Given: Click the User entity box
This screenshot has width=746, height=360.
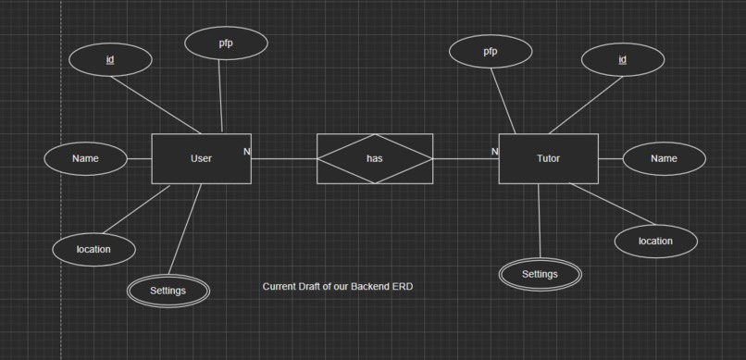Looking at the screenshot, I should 201,158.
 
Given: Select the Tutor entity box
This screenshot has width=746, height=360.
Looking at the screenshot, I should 548,158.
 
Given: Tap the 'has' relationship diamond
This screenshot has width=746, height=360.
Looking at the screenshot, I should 374,158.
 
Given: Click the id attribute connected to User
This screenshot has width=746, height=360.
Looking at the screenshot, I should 110,60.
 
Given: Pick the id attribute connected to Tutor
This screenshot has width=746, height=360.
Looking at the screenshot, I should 622,60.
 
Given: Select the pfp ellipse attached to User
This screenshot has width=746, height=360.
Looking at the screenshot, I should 226,43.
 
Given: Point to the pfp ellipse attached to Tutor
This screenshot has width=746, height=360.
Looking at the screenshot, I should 490,52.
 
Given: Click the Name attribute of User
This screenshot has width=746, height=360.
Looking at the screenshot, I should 85,158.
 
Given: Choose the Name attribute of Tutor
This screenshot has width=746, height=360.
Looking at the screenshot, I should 664,158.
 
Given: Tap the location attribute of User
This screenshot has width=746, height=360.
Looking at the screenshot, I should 93,249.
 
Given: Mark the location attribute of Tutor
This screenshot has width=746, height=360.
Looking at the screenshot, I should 655,242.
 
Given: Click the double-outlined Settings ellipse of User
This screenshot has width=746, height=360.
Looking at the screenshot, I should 168,291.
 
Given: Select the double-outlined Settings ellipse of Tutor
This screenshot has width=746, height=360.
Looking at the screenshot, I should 540,274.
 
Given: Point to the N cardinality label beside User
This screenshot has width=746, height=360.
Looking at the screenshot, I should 247,151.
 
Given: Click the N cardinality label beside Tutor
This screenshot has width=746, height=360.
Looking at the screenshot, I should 494,151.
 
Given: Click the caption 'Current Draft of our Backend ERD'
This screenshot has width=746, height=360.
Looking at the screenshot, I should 338,287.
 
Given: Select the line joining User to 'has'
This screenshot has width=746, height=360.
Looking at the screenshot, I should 283,159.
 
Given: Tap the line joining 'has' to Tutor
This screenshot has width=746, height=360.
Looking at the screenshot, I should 466,159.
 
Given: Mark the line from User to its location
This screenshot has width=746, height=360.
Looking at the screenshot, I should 136,209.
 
